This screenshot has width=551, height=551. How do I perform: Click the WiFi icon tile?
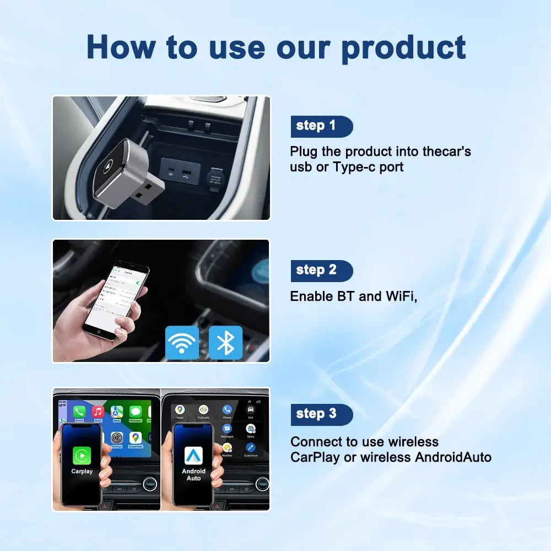182,343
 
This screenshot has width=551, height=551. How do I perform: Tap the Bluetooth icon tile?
225,343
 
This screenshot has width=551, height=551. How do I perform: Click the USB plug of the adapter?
145,191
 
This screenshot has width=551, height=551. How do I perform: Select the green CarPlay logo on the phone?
82,456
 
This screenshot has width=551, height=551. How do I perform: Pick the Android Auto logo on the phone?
193,455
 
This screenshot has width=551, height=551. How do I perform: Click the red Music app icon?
98,412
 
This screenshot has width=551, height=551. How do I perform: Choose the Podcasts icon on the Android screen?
203,410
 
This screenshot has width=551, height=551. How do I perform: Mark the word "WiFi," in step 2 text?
401,296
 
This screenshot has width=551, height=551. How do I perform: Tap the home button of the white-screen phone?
99,332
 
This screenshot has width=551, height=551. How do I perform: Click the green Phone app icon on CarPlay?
79,412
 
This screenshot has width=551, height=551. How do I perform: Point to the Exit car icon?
251,410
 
